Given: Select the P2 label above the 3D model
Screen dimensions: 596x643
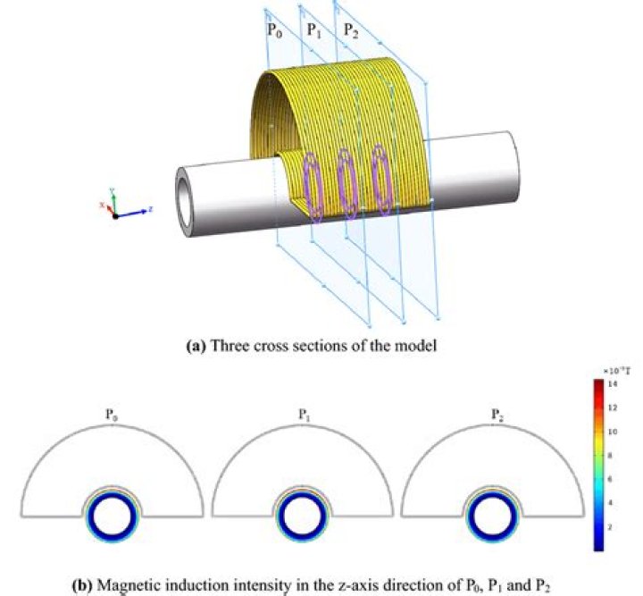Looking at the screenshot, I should click(352, 29).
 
